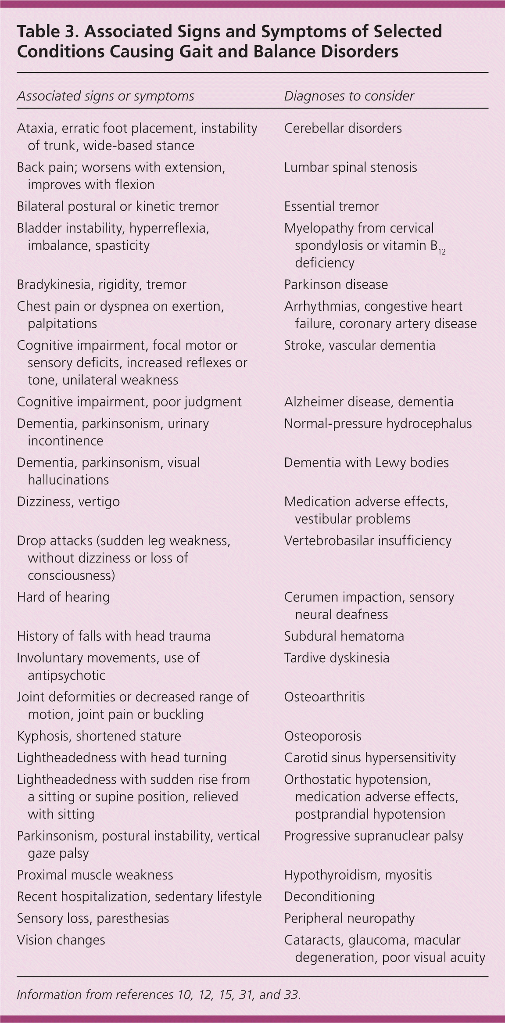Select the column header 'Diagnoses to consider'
349,96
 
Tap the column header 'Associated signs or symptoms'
105,96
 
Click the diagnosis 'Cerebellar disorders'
343,128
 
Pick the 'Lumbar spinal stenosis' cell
350,167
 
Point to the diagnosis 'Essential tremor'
331,206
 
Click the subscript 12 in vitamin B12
441,252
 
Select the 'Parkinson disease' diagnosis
336,284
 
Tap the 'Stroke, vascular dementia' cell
359,345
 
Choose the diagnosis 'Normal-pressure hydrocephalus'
378,424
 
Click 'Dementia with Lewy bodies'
366,463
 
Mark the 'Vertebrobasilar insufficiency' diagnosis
368,541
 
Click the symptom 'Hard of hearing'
63,597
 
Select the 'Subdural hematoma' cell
344,636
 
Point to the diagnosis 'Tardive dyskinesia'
337,658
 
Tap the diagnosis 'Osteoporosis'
322,736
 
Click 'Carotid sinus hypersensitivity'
370,758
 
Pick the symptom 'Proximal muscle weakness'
95,875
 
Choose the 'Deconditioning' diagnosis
329,897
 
